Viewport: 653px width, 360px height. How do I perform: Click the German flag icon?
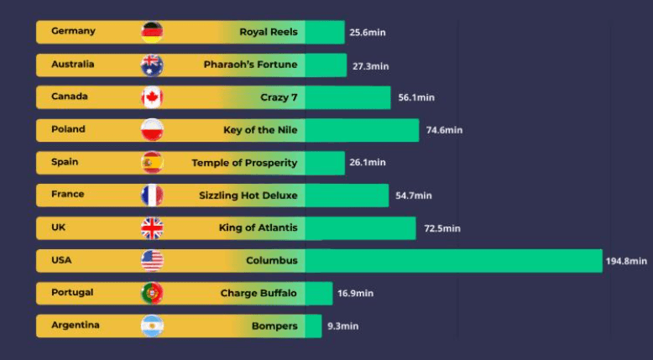tap(152, 32)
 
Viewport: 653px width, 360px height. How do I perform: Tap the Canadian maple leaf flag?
tap(152, 97)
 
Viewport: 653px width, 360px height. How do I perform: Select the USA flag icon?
tap(152, 260)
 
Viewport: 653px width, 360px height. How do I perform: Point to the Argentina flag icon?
tap(152, 326)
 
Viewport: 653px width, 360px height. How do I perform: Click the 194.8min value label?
tap(626, 261)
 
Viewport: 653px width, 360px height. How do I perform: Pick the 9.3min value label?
tap(342, 326)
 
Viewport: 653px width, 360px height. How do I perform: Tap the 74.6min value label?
tap(444, 130)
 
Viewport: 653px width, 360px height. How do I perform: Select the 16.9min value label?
tap(355, 294)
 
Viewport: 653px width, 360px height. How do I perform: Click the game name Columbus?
tap(271, 260)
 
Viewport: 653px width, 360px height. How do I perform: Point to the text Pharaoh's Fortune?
tap(250, 64)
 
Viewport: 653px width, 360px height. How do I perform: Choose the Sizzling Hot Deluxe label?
tap(248, 195)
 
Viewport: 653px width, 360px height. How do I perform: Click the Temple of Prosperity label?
tap(244, 162)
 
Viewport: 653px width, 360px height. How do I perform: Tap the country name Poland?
tap(68, 129)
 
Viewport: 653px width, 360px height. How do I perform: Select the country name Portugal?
tap(72, 292)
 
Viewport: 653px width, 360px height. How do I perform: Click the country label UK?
tap(59, 227)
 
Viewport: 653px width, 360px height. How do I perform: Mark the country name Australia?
tap(72, 64)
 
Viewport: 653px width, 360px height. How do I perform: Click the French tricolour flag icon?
tap(152, 196)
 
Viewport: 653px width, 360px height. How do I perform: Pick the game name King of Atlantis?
tap(258, 227)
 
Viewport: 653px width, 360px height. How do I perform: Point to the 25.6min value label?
tap(368, 33)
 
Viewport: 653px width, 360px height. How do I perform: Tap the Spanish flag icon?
tap(152, 162)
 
